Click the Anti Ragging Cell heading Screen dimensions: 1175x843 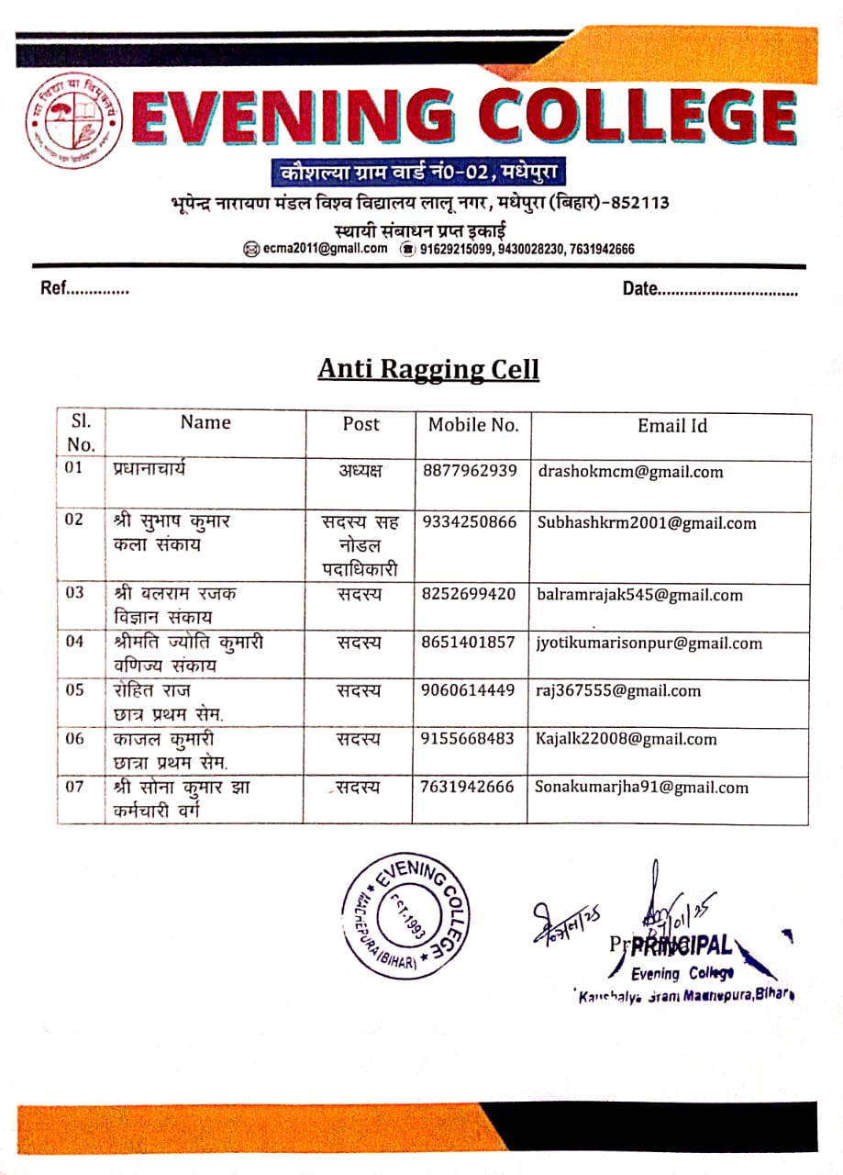click(x=428, y=369)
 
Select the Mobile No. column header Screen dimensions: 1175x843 click(x=473, y=425)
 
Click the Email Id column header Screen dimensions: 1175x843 click(x=672, y=426)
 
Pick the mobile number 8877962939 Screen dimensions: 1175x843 click(x=470, y=471)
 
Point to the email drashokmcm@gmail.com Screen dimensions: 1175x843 click(x=630, y=473)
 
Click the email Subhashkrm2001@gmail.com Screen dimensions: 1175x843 click(x=647, y=523)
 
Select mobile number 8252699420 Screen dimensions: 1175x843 click(x=470, y=594)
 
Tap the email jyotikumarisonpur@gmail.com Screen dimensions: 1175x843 click(x=649, y=643)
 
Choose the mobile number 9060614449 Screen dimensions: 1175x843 click(x=470, y=690)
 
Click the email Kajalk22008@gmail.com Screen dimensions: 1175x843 click(x=627, y=739)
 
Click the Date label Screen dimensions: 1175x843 click(x=640, y=289)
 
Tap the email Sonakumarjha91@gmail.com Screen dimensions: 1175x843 click(x=642, y=788)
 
